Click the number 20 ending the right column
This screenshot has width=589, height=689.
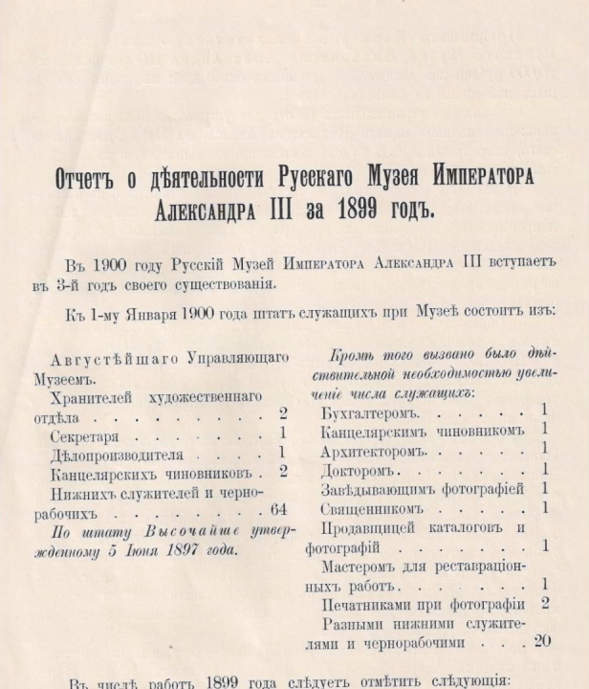tap(542, 640)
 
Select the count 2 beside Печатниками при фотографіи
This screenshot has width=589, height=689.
tap(544, 602)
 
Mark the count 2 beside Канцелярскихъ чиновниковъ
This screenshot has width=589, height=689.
tap(284, 471)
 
